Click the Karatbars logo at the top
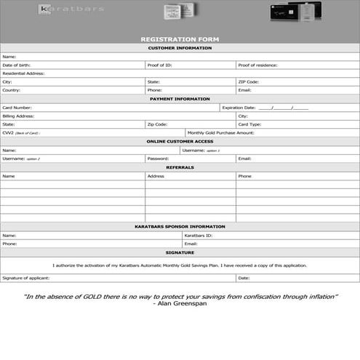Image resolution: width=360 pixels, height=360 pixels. tap(71, 9)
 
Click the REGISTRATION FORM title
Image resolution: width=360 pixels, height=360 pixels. tap(180, 39)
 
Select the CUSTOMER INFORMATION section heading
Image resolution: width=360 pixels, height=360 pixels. tap(180, 48)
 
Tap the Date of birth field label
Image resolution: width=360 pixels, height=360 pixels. tap(16, 65)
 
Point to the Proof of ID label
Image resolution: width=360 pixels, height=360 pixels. tap(159, 65)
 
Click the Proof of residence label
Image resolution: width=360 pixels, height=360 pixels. tap(257, 65)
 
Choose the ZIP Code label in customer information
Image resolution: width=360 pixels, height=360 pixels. tap(248, 81)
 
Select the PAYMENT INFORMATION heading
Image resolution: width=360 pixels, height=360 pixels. tap(180, 98)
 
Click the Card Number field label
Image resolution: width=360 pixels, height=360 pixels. tap(17, 107)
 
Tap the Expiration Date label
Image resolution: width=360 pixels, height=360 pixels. tap(239, 107)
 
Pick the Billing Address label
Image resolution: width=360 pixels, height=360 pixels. tap(18, 116)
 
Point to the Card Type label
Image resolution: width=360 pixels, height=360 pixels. tap(249, 124)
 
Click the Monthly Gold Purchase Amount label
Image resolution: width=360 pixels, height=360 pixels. tap(220, 133)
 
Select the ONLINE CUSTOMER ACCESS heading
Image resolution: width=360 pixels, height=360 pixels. tap(180, 141)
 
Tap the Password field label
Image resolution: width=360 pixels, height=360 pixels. tap(158, 158)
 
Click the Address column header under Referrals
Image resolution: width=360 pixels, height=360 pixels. tap(156, 176)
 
